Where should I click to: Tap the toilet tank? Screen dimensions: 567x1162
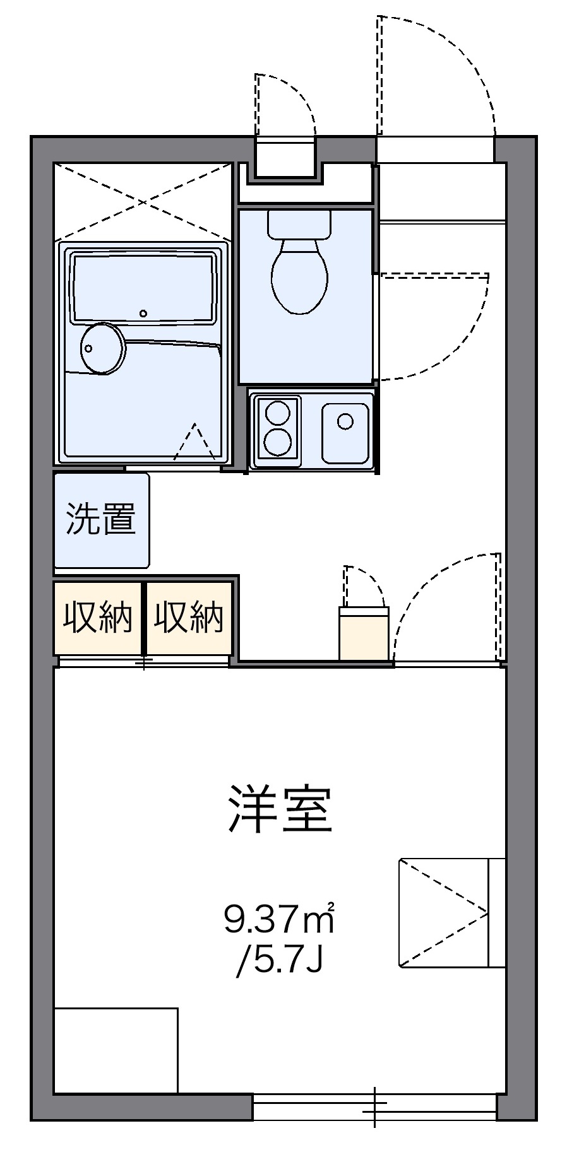(x=299, y=224)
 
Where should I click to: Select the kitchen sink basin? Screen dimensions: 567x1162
(x=345, y=433)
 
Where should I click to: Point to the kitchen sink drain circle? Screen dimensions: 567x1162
(x=345, y=421)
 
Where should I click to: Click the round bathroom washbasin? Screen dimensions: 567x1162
(x=102, y=348)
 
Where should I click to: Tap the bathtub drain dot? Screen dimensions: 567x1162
(x=144, y=313)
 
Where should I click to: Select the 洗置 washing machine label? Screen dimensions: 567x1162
(x=101, y=520)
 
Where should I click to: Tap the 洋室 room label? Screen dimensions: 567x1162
(x=280, y=809)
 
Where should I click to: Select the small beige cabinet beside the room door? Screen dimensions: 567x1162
(x=364, y=633)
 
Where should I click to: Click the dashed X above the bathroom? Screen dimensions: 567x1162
(x=143, y=201)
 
